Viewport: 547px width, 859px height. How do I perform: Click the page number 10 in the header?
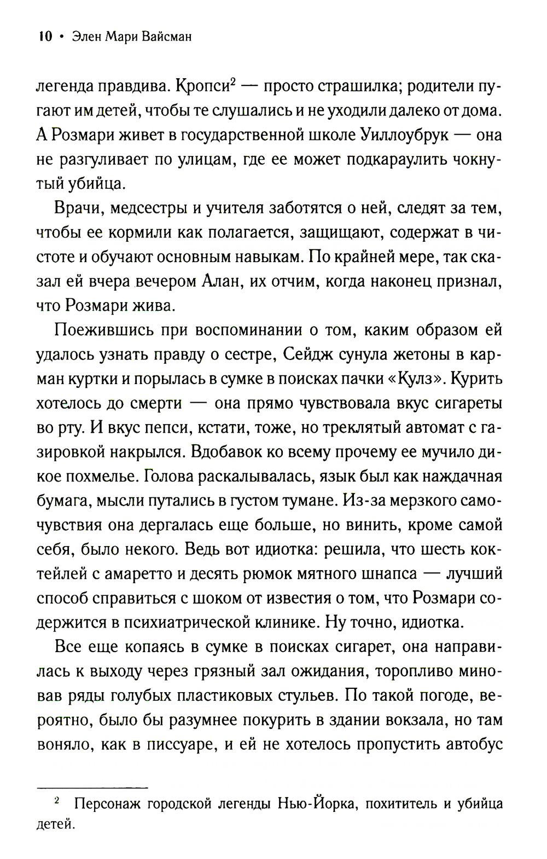click(44, 37)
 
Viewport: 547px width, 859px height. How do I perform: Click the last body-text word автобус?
click(474, 745)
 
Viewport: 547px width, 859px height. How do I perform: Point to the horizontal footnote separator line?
click(92, 787)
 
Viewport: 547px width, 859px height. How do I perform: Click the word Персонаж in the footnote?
click(108, 805)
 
